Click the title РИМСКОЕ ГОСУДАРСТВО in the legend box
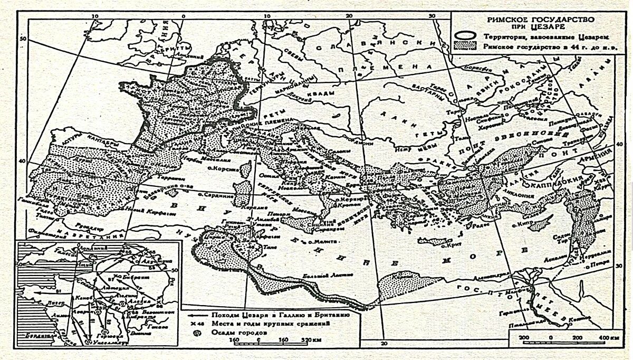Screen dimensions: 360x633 [541, 18]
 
